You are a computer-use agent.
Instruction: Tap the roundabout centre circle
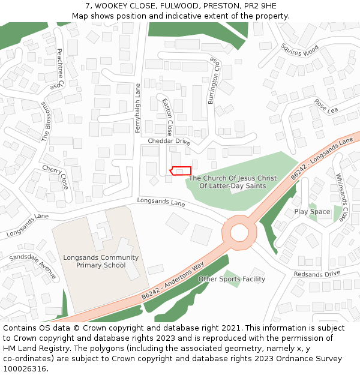239,232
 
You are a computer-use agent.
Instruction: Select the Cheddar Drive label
169,142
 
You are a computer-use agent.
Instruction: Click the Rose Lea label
326,106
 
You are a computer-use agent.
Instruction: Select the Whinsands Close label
341,197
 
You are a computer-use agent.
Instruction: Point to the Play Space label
312,212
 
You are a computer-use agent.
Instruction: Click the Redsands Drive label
317,274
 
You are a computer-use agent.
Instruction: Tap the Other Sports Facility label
232,279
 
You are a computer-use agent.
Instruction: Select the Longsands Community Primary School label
101,262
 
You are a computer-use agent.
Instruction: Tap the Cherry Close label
55,177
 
